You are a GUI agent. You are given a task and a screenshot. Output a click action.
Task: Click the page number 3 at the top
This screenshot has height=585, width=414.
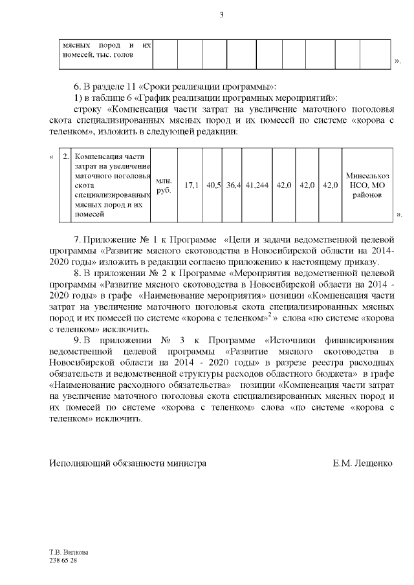click(221, 16)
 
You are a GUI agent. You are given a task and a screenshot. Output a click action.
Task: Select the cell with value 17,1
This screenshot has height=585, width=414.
click(191, 185)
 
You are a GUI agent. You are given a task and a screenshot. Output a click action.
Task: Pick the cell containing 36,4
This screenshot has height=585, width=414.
click(234, 185)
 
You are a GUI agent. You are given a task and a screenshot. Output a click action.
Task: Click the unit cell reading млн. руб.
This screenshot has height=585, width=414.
click(164, 185)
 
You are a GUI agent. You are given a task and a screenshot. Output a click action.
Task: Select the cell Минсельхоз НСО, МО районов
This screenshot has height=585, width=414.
click(367, 185)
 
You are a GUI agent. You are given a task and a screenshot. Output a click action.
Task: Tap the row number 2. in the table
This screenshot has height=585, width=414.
click(66, 157)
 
